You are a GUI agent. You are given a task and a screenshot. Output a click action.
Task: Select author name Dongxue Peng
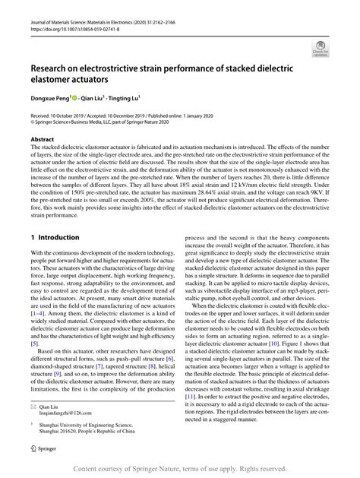pos(48,97)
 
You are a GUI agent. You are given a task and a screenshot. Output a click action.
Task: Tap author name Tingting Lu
pos(122,97)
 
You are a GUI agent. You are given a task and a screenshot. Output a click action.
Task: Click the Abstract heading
pos(43,140)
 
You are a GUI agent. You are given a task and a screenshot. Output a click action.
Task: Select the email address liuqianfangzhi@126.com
pos(68,416)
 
